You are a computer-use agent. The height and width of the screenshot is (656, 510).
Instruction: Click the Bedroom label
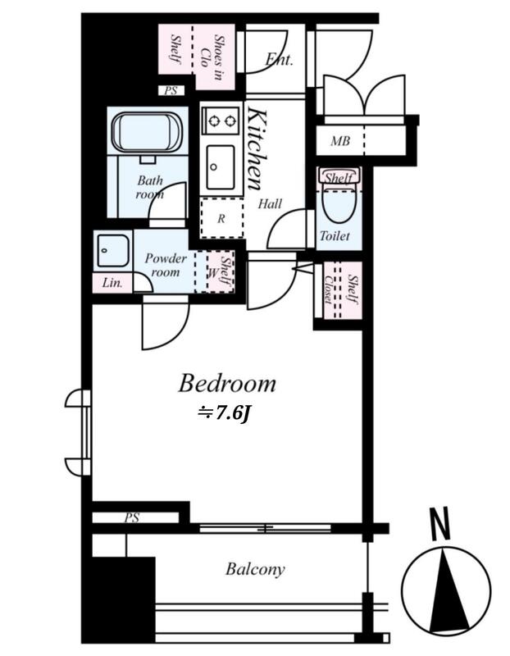coord(227,384)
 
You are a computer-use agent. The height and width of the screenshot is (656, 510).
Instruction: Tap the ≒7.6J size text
coord(224,414)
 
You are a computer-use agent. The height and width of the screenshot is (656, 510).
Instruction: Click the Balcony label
coord(255,569)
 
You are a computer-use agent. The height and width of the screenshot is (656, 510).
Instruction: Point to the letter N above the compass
coord(439,523)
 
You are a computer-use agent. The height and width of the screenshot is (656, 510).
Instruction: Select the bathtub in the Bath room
coord(147,131)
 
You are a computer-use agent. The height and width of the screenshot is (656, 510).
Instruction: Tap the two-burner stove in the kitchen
coord(221,121)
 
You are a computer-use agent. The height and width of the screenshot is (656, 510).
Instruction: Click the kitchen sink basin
coord(220,167)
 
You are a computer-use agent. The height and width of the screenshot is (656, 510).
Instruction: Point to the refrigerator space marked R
coord(221,218)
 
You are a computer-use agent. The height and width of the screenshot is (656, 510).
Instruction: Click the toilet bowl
coord(339,204)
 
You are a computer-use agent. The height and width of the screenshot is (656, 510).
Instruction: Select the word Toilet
coord(335,236)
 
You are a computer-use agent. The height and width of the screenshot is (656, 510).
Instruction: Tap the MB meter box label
coord(340,141)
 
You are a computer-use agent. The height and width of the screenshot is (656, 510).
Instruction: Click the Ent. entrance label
coord(279,59)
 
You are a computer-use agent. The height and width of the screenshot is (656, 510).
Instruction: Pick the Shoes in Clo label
coord(212,57)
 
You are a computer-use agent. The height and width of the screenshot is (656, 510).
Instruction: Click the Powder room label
coord(166,265)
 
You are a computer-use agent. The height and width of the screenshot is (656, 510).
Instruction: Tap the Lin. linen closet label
coord(112,283)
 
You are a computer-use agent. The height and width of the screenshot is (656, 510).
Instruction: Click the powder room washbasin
coord(113,251)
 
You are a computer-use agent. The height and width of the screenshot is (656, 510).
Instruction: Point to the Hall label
coord(270,204)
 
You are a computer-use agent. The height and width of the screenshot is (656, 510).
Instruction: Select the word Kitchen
coord(256,148)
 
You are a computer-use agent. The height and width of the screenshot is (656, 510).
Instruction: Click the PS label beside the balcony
coord(132,518)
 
